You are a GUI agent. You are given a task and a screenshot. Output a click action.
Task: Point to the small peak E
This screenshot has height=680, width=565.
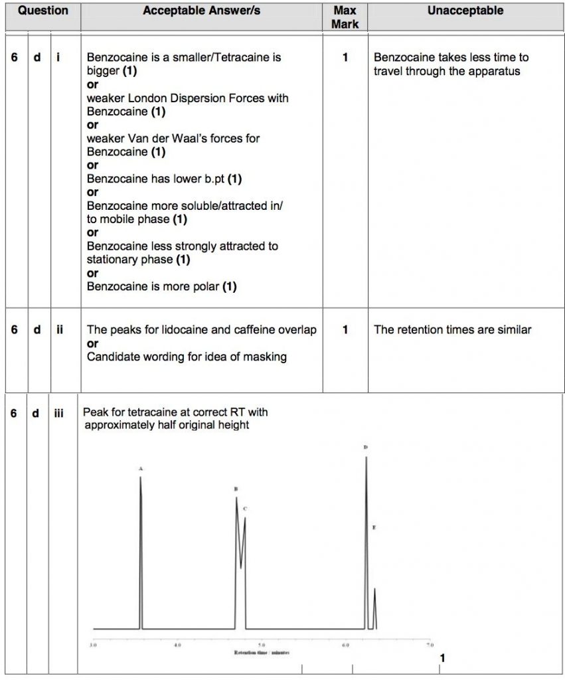(374, 590)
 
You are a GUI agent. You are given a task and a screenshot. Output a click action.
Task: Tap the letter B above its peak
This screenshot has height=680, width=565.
(236, 489)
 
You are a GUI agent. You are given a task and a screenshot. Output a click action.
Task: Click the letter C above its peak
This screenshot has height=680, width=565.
(245, 509)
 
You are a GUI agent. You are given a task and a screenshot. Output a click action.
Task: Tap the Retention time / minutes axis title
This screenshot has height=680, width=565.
(262, 653)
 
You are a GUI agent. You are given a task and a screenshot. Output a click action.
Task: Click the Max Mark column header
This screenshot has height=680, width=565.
(345, 17)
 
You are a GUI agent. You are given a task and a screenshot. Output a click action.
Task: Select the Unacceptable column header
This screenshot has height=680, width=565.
(465, 11)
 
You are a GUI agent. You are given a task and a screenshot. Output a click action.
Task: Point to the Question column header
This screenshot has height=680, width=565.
(42, 11)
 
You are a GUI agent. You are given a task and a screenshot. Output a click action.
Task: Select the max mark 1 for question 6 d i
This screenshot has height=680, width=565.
(345, 58)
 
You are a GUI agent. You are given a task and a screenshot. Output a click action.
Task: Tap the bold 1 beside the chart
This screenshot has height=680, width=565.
(443, 658)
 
